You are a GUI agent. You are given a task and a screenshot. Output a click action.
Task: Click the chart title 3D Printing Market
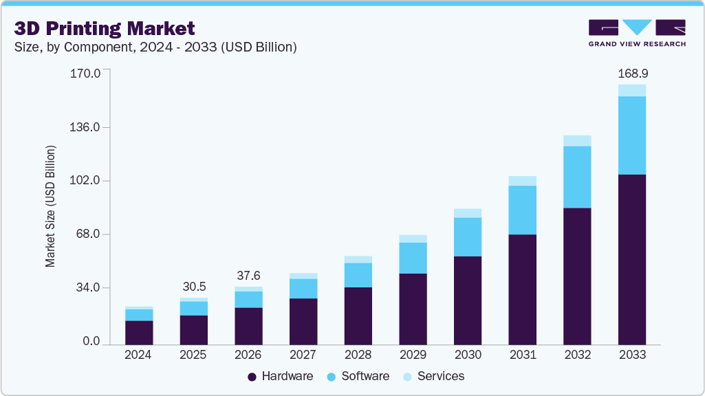pos(105,28)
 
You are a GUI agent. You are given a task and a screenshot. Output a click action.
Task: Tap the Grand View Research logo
pos(637,33)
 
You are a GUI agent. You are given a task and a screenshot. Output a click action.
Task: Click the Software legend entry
pos(358,376)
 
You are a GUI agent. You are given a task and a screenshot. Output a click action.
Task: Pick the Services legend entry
pos(433,376)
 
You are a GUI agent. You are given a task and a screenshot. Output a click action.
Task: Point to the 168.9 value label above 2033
pos(632,73)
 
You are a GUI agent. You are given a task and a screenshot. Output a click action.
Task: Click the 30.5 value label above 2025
pos(193,287)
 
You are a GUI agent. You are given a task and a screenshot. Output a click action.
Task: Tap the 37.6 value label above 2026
pos(248,275)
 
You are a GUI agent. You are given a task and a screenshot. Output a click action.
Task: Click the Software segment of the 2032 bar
pos(577,177)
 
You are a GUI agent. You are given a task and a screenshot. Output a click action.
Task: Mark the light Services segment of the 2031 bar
pos(522,181)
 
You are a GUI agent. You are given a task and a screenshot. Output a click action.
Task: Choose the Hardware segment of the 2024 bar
pos(139,332)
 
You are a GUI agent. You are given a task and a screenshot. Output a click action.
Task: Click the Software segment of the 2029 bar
pos(413,258)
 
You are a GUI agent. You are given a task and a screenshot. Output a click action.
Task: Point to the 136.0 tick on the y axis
pos(86,127)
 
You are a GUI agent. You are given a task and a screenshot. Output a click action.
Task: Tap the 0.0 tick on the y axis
pos(91,342)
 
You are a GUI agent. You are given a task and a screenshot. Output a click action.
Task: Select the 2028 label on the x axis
pos(358,355)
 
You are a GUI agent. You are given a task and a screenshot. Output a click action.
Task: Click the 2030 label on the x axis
pos(468,355)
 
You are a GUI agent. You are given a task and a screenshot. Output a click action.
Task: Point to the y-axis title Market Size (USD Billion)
pos(50,206)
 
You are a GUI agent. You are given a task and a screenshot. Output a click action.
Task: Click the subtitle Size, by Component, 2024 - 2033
pos(155,47)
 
